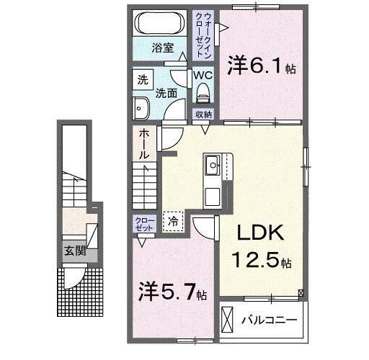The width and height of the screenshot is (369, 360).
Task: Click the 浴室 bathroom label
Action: [163, 48]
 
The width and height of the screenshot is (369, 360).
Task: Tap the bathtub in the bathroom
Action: [162, 22]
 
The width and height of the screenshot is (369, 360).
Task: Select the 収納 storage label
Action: [203, 114]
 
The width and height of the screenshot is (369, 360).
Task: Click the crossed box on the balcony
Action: [228, 318]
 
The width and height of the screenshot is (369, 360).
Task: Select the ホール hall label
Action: [144, 144]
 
